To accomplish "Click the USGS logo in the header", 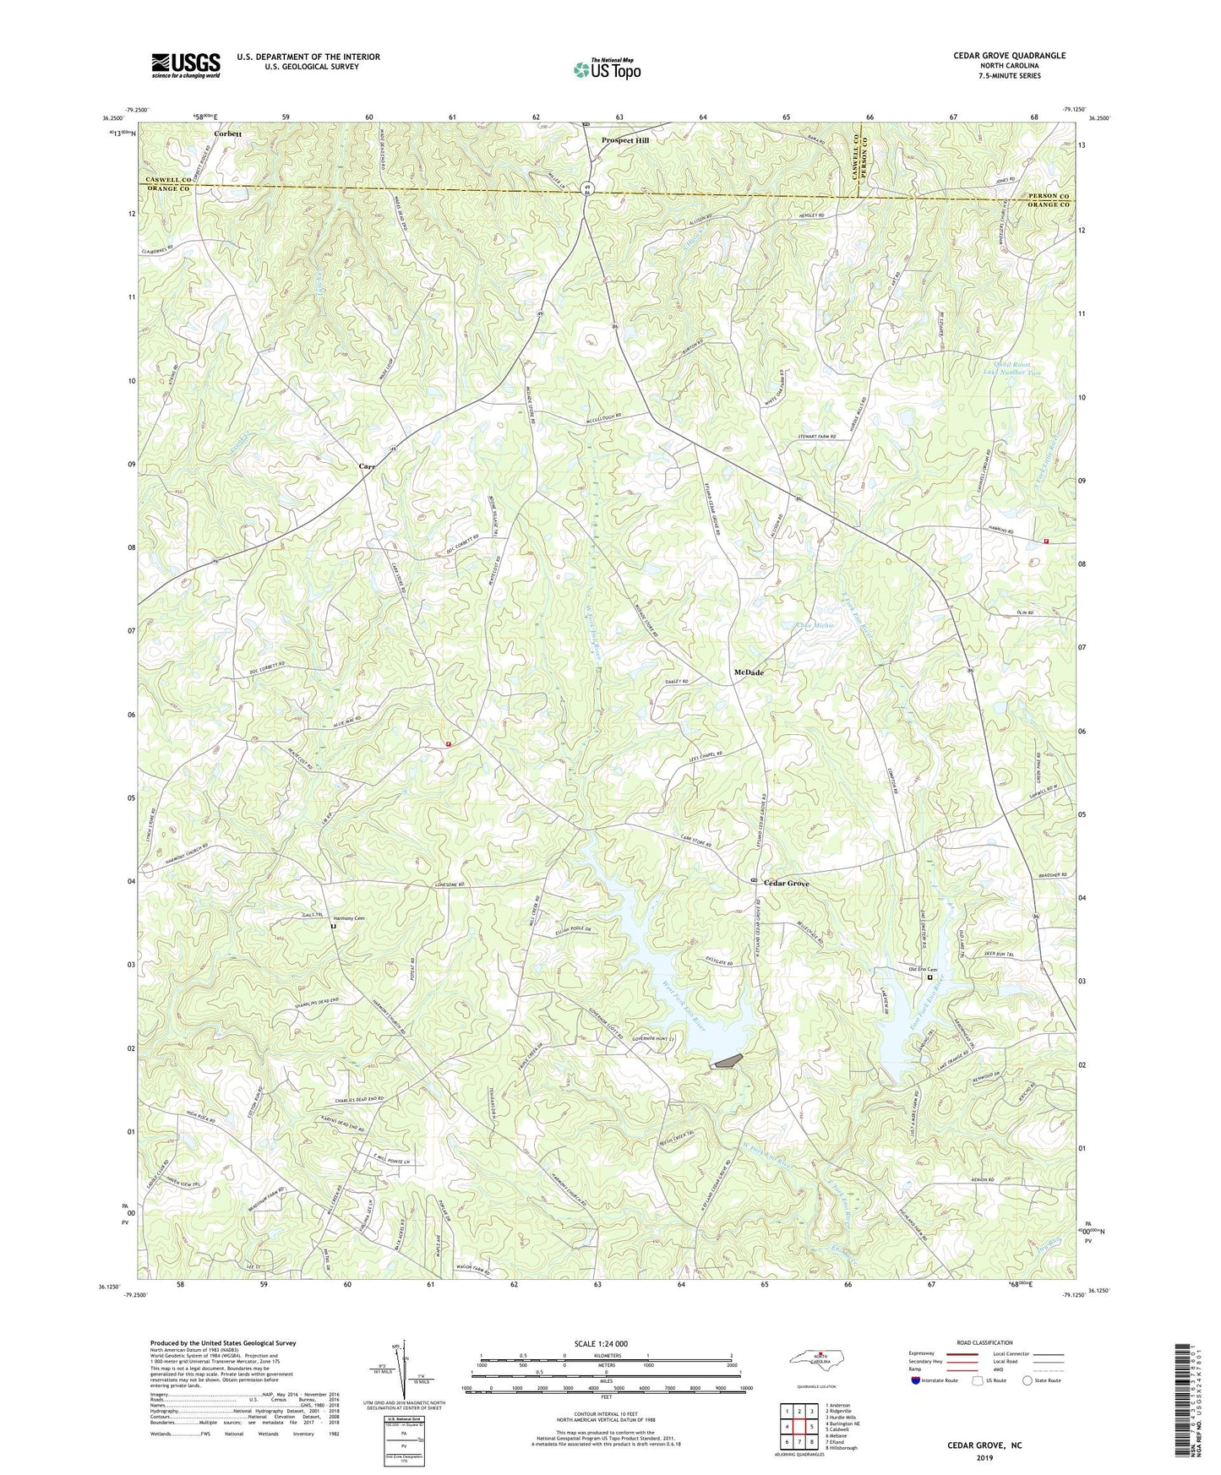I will coord(186,65).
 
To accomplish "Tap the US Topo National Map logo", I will coord(606,69).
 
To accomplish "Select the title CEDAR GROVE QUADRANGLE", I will coord(1009,56).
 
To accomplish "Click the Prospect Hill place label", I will coord(624,140).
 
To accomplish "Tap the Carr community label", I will coord(366,466).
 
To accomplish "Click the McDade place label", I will coord(748,672).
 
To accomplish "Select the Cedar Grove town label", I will coord(786,884).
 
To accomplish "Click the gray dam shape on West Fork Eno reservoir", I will coord(728,1060).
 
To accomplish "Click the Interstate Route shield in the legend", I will coord(916,1380).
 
